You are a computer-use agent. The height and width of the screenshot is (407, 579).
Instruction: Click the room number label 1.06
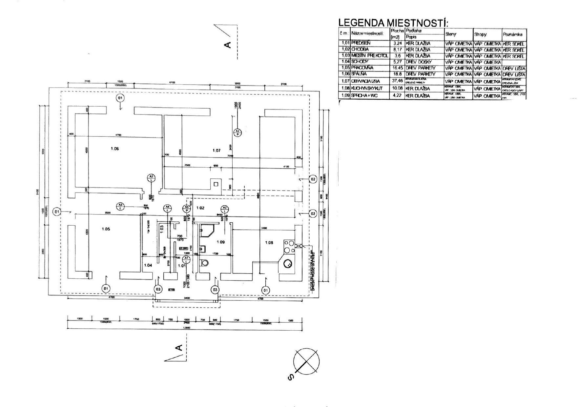(114, 149)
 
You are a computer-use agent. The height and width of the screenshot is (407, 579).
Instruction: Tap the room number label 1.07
(217, 150)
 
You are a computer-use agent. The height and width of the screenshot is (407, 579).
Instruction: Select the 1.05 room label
(106, 229)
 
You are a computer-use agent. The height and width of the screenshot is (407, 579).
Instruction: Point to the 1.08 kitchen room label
(269, 243)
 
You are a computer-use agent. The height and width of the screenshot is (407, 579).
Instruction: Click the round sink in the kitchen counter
(289, 263)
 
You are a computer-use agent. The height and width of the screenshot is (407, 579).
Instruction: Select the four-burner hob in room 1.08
(289, 247)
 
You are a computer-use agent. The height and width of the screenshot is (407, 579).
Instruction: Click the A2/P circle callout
(238, 132)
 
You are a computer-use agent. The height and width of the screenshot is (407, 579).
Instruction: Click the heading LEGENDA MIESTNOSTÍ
(393, 23)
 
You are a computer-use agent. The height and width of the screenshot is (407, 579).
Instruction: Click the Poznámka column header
(514, 34)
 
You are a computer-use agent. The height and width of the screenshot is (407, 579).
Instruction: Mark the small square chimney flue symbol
(216, 184)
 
